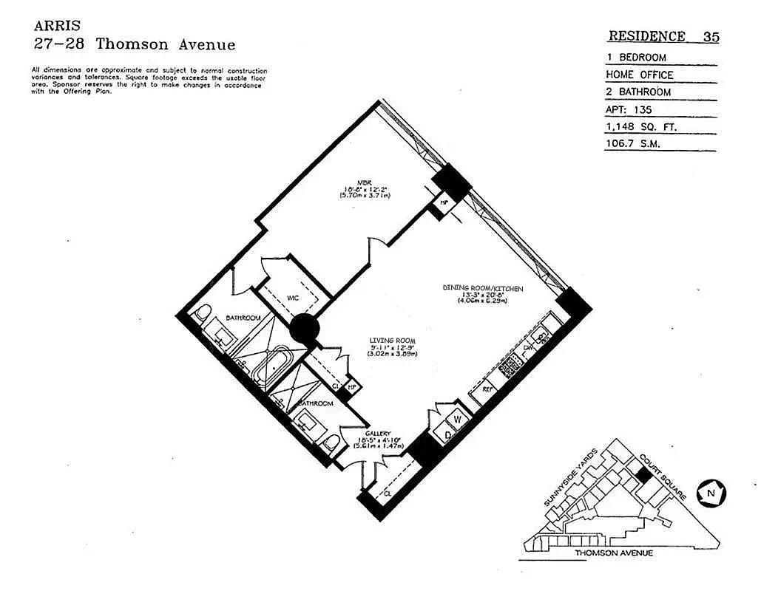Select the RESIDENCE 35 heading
[663, 36]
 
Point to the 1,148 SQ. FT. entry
[641, 127]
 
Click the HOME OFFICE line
[640, 75]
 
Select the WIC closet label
[293, 297]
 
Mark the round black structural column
[304, 329]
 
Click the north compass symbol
[711, 492]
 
